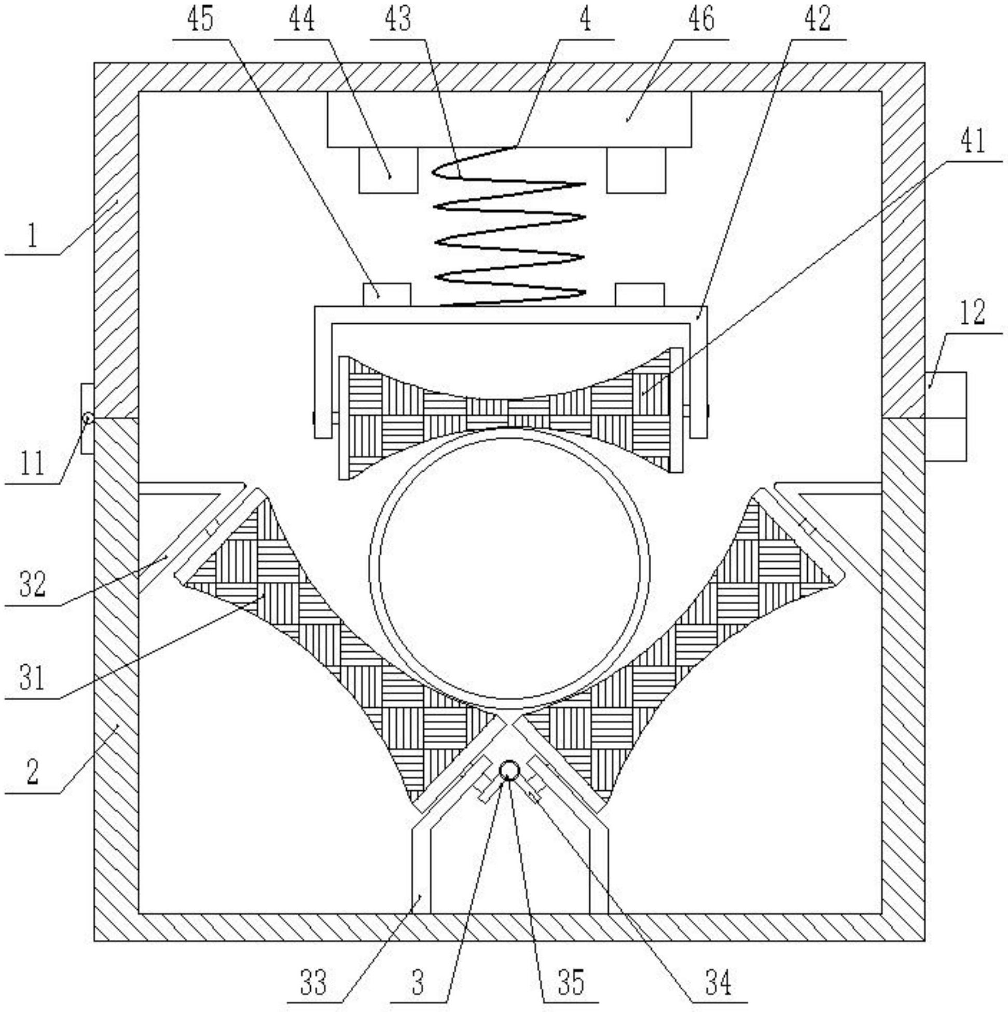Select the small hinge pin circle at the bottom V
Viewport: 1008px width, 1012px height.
509,771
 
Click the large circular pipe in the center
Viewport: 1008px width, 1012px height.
509,563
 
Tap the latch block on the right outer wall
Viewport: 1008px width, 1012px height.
945,416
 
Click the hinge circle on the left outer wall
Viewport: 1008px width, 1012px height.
88,418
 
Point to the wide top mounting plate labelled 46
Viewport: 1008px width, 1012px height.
509,119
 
